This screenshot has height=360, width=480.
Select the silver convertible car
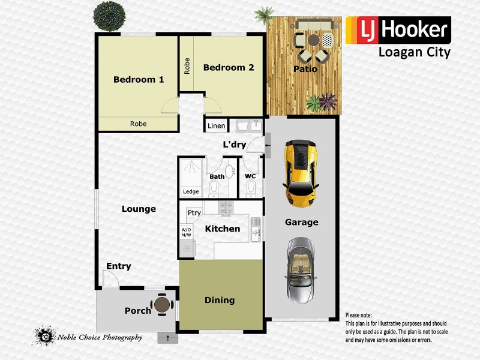pyautogui.click(x=301, y=269)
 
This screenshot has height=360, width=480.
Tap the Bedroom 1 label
pyautogui.click(x=139, y=79)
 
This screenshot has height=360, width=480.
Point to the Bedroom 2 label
pyautogui.click(x=228, y=68)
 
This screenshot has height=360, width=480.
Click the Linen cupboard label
pyautogui.click(x=216, y=126)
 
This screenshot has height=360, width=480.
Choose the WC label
pyautogui.click(x=251, y=176)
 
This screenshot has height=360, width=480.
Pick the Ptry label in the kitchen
pyautogui.click(x=194, y=213)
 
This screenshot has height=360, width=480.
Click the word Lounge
pyautogui.click(x=139, y=209)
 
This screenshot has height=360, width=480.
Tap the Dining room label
pyautogui.click(x=220, y=300)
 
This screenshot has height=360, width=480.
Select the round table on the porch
pyautogui.click(x=162, y=305)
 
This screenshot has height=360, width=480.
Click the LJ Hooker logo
pyautogui.click(x=398, y=30)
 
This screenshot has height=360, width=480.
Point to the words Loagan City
pyautogui.click(x=414, y=53)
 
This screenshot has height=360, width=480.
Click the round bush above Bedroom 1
pyautogui.click(x=107, y=15)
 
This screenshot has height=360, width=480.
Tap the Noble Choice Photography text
pyautogui.click(x=100, y=337)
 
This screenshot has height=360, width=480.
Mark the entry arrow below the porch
pyautogui.click(x=167, y=338)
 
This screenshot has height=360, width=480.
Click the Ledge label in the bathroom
pyautogui.click(x=191, y=192)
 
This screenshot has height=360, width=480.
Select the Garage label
pyautogui.click(x=301, y=222)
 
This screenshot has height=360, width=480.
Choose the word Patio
pyautogui.click(x=305, y=69)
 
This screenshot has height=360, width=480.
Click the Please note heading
pyautogui.click(x=359, y=315)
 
